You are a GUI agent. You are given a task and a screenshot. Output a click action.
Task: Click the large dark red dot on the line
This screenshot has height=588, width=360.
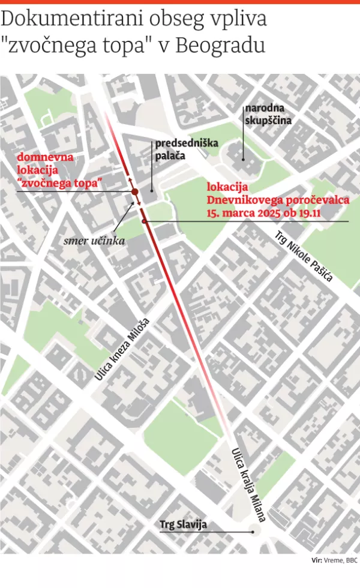(135, 192)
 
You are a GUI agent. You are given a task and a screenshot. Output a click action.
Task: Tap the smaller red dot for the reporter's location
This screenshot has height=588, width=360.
(145, 221)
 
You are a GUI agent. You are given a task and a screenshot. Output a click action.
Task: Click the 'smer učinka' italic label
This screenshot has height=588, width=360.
(95, 242)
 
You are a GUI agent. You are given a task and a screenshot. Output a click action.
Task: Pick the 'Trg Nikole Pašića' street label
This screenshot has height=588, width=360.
(304, 259)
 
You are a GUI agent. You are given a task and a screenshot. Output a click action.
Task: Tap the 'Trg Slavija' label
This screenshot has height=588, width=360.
(183, 525)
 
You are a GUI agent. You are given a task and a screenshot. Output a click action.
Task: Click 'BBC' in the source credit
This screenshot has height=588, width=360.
(351, 561)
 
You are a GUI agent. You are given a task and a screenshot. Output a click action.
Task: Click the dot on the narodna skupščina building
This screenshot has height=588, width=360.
(244, 160)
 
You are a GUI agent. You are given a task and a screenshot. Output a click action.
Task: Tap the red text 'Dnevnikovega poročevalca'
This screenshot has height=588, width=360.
(278, 200)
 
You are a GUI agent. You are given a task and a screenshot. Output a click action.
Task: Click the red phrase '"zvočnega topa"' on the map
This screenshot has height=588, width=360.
(60, 182)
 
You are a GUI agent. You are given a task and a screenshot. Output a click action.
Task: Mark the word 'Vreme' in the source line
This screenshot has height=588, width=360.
(332, 561)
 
